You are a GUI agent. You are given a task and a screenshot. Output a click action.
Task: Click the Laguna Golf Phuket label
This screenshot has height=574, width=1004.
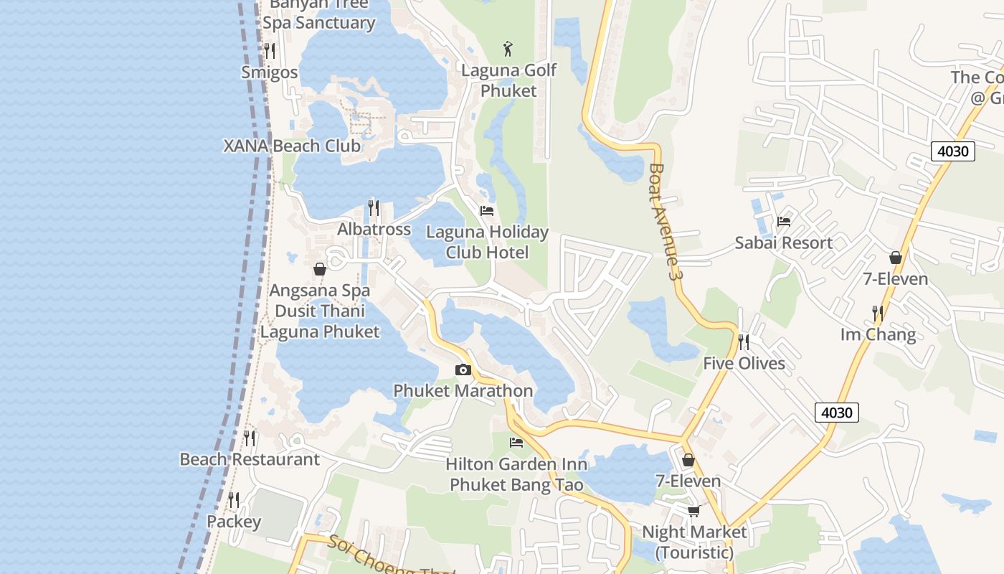508,80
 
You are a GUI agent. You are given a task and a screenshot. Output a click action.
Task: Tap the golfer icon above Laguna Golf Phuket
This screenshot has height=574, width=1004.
508,49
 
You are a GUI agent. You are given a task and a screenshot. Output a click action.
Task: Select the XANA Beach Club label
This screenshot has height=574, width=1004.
292,146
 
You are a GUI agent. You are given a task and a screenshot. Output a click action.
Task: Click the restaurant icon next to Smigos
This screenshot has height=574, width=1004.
270,50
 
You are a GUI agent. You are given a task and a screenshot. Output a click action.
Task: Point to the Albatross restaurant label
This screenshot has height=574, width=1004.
374,229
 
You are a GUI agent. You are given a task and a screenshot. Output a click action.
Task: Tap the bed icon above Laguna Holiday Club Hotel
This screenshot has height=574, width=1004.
487,211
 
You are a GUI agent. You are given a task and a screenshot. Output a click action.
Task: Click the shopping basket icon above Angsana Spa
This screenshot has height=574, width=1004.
320,269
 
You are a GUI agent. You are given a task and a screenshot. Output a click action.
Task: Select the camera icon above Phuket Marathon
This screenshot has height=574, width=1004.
463,370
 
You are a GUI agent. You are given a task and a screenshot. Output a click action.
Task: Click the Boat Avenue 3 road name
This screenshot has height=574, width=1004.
663,222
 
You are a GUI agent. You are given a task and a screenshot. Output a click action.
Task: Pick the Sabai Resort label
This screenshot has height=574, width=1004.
783,243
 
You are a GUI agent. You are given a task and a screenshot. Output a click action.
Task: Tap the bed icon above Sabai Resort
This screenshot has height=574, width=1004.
784,222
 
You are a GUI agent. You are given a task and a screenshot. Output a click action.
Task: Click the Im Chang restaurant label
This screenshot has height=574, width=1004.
878,334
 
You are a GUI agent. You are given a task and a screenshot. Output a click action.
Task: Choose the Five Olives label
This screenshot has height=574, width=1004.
744,363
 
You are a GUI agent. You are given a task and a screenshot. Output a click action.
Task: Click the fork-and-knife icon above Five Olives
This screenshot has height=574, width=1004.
744,342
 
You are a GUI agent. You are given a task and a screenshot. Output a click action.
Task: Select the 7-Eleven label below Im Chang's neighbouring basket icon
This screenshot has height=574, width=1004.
895,279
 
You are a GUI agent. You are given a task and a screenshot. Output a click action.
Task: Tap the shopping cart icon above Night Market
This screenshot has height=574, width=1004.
693,511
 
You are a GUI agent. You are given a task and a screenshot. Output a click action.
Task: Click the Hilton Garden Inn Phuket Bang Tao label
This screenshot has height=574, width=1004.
516,474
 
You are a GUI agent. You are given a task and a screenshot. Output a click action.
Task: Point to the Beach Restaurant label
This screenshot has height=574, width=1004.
250,459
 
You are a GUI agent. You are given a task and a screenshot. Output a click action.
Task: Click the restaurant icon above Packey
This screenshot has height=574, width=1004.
234,499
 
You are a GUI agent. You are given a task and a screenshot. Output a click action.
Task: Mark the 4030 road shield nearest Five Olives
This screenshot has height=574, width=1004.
836,413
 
